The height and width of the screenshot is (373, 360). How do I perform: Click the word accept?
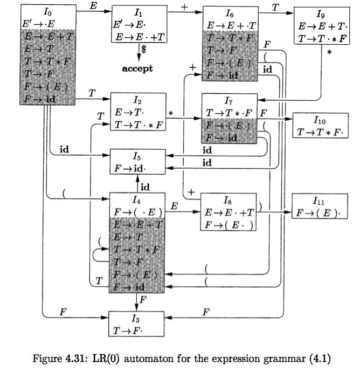[x=137, y=68]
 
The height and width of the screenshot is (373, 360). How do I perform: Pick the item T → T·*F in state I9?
[x=320, y=38]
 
